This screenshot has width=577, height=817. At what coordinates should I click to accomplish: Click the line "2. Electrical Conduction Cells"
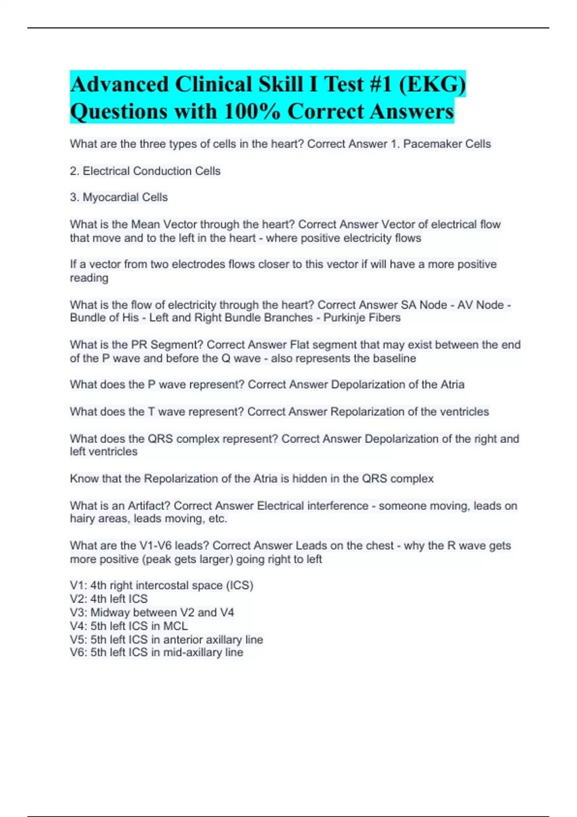(145, 171)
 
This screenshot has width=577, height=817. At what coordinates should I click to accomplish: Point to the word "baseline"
(393, 359)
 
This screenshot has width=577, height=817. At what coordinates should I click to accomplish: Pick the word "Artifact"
(149, 506)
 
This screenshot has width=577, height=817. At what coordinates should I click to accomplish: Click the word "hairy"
(82, 519)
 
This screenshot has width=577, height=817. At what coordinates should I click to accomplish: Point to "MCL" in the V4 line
(176, 626)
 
